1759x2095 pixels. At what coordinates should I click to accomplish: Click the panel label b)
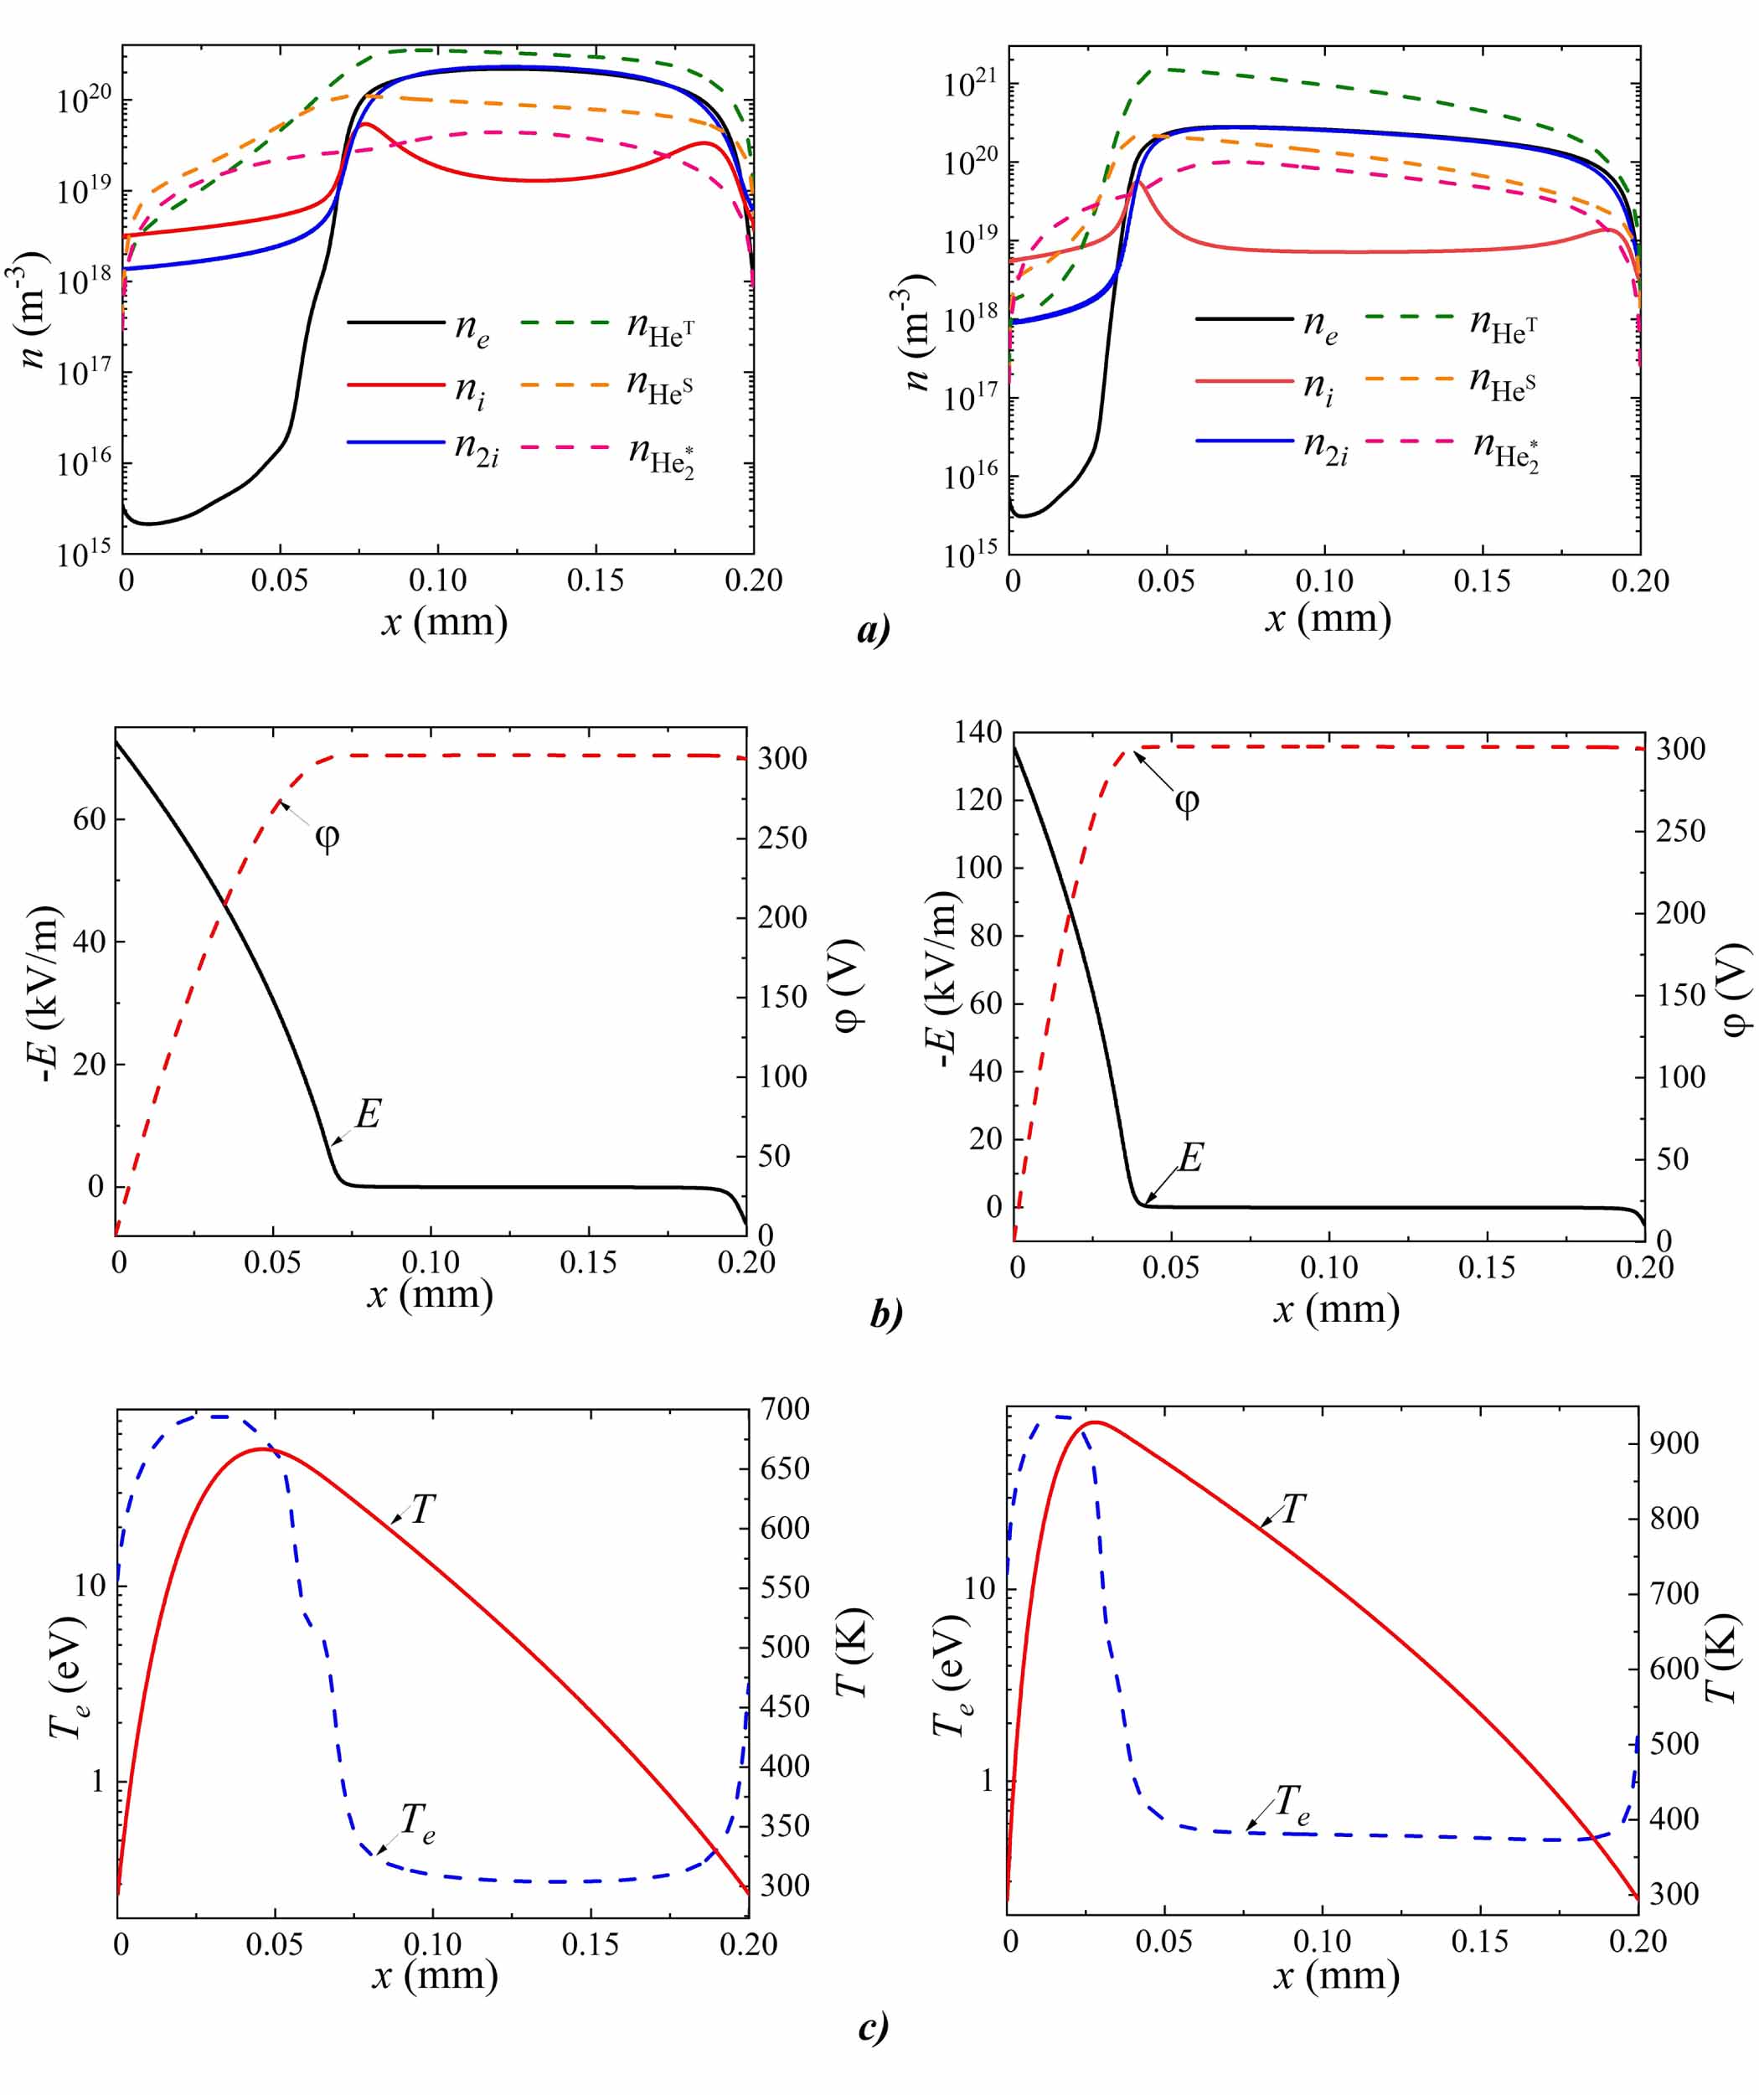(886, 1313)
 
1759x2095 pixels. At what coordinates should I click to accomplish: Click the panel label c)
(872, 2026)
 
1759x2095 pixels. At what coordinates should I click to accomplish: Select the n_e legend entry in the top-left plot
(471, 328)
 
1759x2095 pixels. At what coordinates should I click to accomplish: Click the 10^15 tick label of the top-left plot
(84, 552)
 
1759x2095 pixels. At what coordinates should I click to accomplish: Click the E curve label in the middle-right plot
(1190, 1158)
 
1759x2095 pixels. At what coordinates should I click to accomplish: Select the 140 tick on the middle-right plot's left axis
(977, 732)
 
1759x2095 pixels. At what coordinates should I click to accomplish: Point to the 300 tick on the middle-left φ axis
(782, 758)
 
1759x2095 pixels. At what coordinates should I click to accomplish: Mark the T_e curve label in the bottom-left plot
(417, 1823)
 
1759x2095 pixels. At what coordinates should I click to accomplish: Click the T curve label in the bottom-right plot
(1293, 1509)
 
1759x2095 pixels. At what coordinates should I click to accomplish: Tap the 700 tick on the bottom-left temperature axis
(784, 1410)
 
